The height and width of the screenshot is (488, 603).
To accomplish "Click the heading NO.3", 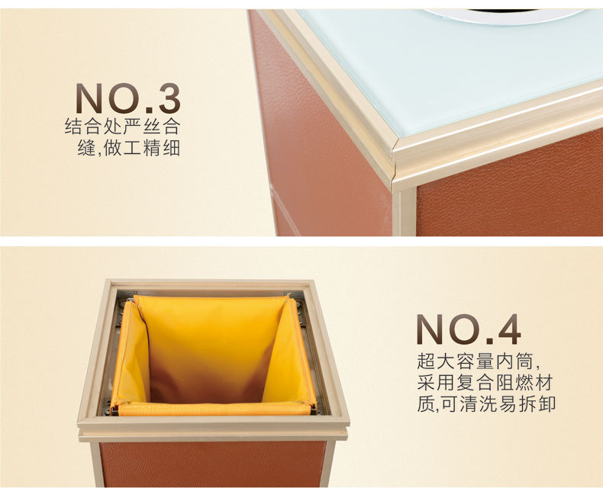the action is tap(128, 98).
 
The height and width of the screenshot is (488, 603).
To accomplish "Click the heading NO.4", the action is tap(469, 329).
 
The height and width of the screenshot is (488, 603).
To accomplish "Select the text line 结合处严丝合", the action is tap(123, 127).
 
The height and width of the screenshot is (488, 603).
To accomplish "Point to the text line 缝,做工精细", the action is tap(129, 148).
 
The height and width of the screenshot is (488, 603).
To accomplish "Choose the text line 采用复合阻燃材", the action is tap(485, 383).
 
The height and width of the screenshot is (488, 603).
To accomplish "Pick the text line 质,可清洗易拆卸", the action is tap(486, 403).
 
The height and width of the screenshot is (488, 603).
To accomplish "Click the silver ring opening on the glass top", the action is tap(504, 15).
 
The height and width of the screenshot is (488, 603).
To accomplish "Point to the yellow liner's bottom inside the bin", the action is tap(207, 384).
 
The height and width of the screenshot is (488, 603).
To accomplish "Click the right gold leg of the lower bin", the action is tap(328, 464).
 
